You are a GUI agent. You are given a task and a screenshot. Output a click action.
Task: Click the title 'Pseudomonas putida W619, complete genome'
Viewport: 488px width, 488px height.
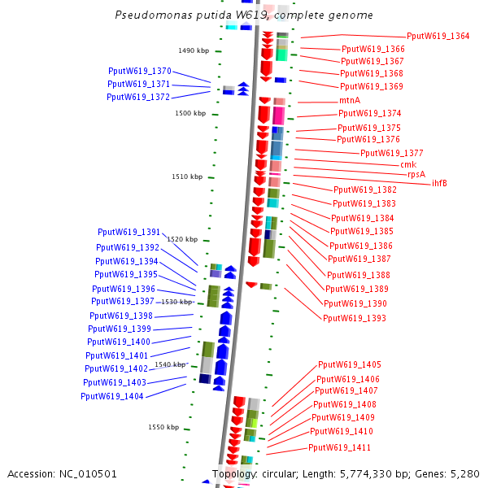244,15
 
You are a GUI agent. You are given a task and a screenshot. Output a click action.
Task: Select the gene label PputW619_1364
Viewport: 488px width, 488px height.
438,36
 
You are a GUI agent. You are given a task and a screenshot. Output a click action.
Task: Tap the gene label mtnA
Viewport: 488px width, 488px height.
350,101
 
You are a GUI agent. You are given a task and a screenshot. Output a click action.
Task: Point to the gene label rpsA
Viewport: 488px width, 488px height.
416,174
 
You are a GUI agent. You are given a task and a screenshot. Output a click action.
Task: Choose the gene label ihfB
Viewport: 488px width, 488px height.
439,183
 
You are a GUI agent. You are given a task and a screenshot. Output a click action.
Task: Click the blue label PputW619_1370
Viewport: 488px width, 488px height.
139,71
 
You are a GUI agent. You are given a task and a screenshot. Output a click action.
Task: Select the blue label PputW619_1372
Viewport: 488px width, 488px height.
138,97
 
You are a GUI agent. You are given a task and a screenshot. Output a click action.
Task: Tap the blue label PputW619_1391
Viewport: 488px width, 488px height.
129,232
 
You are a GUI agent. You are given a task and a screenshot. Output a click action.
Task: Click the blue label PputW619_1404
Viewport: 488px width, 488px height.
112,396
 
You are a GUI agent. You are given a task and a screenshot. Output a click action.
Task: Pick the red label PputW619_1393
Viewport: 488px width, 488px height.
355,318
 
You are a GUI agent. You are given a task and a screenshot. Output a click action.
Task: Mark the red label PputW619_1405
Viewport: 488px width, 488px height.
349,364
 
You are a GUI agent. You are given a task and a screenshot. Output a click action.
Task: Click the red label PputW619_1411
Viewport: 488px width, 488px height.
339,448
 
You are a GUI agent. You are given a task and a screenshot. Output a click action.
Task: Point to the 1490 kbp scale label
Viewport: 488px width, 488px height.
194,50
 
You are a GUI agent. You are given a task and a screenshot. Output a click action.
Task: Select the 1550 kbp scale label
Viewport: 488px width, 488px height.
163,427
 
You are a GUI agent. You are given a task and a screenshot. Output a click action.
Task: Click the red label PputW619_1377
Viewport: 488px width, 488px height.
391,153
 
